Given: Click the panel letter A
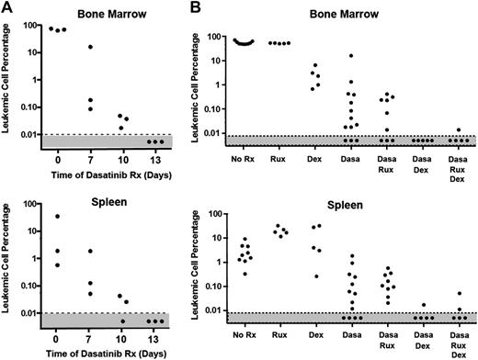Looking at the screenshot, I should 6,7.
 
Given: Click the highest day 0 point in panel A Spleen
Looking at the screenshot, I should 57,217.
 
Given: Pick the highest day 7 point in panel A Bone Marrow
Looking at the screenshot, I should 90,47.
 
